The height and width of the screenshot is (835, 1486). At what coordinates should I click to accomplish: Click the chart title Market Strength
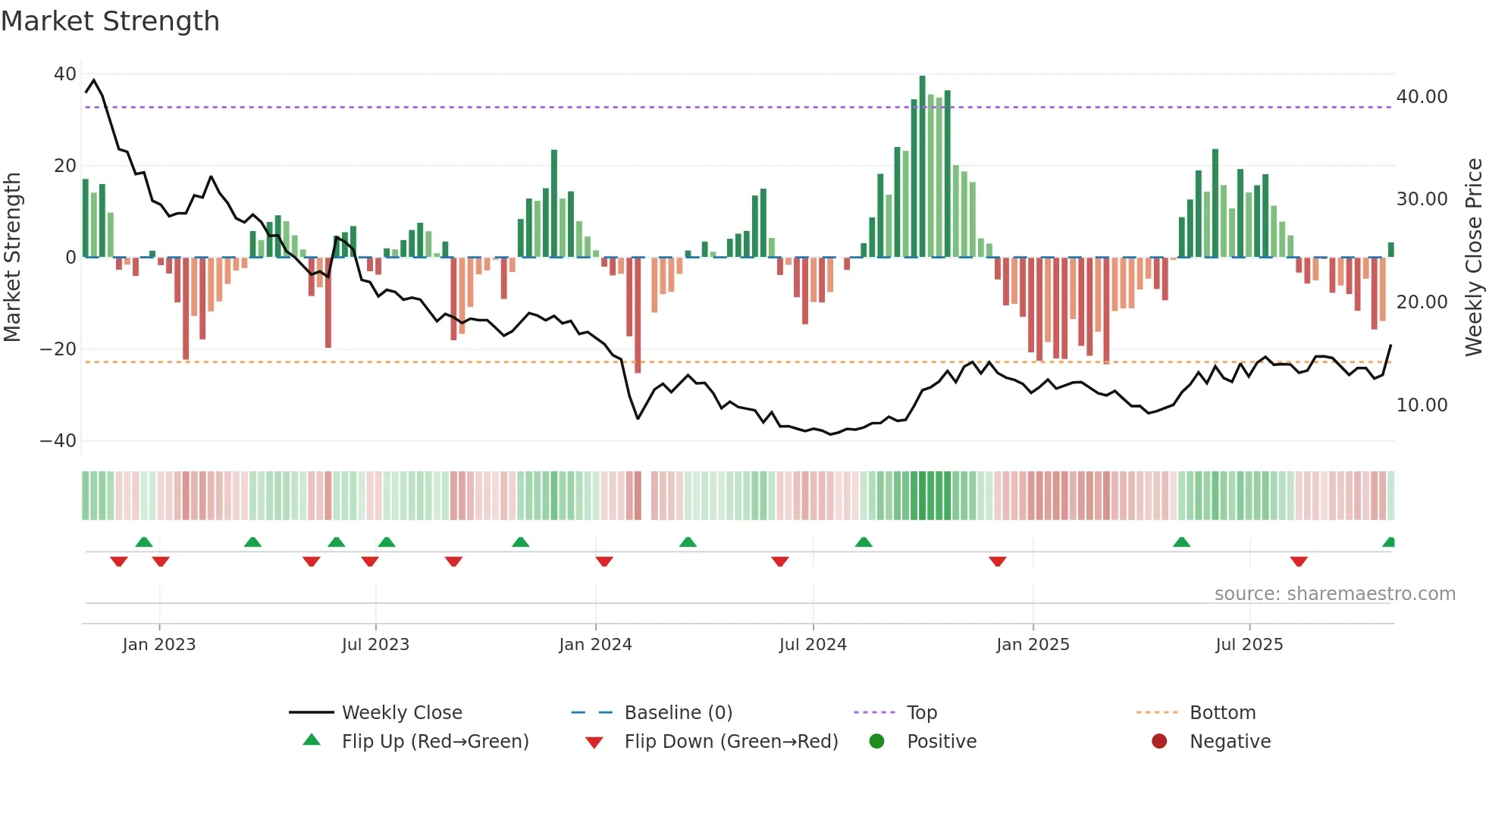coord(110,21)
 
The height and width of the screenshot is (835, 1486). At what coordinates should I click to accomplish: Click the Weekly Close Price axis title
coord(1473,257)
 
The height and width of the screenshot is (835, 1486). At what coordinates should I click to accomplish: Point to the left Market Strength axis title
coord(12,257)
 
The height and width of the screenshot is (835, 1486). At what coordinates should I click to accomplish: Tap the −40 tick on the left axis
coord(58,441)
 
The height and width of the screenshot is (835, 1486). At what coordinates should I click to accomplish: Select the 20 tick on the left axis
coord(65,166)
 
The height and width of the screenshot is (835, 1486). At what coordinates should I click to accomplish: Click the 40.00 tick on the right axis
coord(1422,97)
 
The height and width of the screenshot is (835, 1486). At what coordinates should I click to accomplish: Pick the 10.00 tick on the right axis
coord(1422,405)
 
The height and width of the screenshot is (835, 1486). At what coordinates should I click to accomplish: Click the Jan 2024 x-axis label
coord(595,645)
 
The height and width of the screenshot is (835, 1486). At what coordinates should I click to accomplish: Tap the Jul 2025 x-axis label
coord(1249,645)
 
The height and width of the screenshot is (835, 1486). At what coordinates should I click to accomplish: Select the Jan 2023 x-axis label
coord(159,645)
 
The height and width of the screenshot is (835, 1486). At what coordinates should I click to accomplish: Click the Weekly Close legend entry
coord(401,713)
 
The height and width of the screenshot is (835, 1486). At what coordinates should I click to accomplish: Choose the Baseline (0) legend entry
coord(678,713)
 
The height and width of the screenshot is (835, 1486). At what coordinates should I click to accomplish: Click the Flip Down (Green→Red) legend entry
coord(730,742)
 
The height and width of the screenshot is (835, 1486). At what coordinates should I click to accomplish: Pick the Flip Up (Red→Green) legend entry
coord(434,742)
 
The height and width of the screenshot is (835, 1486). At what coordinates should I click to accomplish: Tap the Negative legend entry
coord(1229,742)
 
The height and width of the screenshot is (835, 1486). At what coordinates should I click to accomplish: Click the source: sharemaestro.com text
coord(1334,594)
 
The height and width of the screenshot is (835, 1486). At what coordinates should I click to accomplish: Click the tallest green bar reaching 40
coord(922,167)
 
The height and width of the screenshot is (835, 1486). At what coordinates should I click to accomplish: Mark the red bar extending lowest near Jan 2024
coord(638,314)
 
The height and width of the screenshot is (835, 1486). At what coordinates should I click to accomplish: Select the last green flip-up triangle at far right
coord(1389,543)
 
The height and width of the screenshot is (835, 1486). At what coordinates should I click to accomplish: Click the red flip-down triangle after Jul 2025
coord(1299,561)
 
